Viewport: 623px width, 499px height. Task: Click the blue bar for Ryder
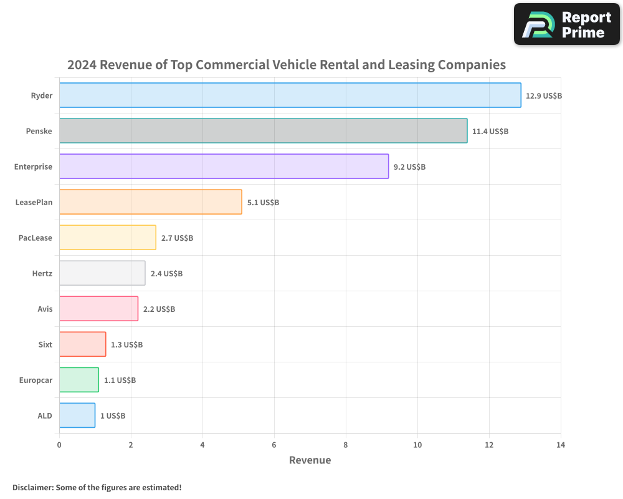tap(290, 95)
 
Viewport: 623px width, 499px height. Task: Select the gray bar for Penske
tap(263, 131)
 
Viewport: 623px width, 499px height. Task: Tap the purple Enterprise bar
tap(224, 167)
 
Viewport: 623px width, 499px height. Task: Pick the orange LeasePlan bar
tap(150, 202)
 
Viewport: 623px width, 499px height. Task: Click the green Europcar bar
tap(78, 380)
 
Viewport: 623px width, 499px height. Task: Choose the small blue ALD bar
tap(77, 415)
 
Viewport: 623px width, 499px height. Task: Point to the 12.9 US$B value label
tap(544, 96)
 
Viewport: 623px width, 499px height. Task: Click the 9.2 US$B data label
tap(409, 167)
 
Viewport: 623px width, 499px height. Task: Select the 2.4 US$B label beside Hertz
tap(166, 274)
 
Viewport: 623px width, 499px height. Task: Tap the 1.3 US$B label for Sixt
tap(126, 345)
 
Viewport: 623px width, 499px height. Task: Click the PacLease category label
tap(36, 238)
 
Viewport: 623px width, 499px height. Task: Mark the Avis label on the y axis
tap(45, 309)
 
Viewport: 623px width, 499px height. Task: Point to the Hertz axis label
tap(42, 274)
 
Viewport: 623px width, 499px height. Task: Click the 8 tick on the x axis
tap(346, 445)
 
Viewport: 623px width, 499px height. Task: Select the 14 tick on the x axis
tap(561, 445)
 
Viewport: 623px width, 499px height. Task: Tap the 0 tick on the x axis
tap(59, 445)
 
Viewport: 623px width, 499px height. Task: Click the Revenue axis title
tap(310, 460)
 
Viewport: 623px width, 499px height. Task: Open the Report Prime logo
tap(566, 24)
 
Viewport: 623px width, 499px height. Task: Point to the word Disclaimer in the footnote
tap(32, 488)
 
